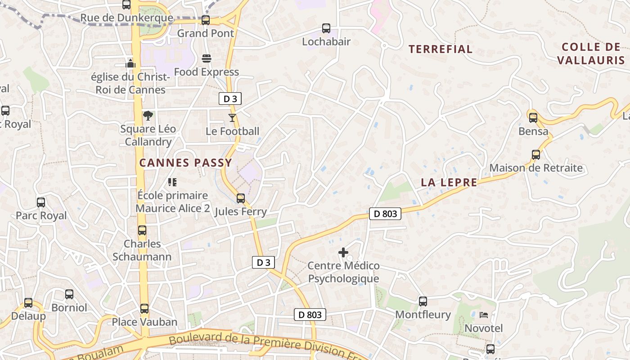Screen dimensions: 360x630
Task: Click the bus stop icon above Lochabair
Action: tap(326, 28)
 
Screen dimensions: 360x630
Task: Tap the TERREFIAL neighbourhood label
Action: tap(440, 49)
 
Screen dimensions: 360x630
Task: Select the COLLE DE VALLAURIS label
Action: tap(591, 54)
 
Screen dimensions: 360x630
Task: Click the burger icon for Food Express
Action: tap(207, 58)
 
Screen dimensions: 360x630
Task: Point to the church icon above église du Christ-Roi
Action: tap(130, 63)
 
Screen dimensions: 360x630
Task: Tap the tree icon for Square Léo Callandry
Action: tap(148, 116)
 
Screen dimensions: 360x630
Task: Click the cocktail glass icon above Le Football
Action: tap(232, 118)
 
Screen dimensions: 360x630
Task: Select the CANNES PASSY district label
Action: tap(185, 163)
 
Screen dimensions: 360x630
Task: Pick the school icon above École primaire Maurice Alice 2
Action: tap(172, 182)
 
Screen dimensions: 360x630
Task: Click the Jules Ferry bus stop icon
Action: tap(241, 198)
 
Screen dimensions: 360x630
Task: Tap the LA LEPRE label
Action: tap(449, 182)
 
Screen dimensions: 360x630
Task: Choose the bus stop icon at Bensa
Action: tap(533, 118)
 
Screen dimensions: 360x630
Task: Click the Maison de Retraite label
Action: tap(536, 168)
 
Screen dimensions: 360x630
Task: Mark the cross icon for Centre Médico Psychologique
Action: tap(343, 252)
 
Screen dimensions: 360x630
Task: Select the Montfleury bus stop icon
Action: tap(423, 301)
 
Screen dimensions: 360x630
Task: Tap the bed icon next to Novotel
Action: tap(484, 315)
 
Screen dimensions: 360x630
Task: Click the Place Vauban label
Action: tap(144, 322)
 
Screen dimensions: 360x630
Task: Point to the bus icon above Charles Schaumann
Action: tap(142, 231)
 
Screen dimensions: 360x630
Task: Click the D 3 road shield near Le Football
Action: tap(230, 99)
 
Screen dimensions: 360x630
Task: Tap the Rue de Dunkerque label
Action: tap(126, 18)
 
